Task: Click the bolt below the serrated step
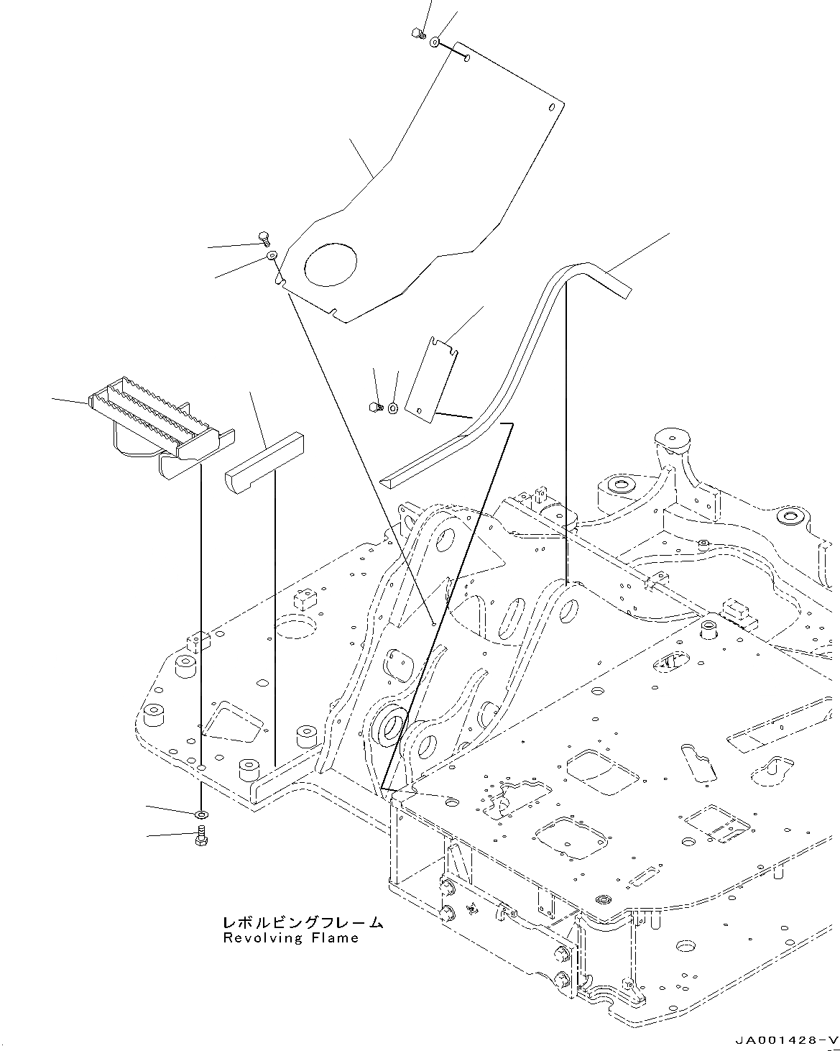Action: tap(200, 836)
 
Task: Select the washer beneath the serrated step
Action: tap(201, 814)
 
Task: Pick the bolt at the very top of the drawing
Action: tap(417, 32)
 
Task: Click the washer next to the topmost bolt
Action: tap(435, 42)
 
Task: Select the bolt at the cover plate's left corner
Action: tap(262, 237)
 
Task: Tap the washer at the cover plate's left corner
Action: tap(272, 256)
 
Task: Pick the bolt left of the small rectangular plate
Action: tap(376, 407)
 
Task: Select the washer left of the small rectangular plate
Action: tap(393, 408)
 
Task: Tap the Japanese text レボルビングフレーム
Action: tap(303, 922)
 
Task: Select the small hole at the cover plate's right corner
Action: tap(552, 108)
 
